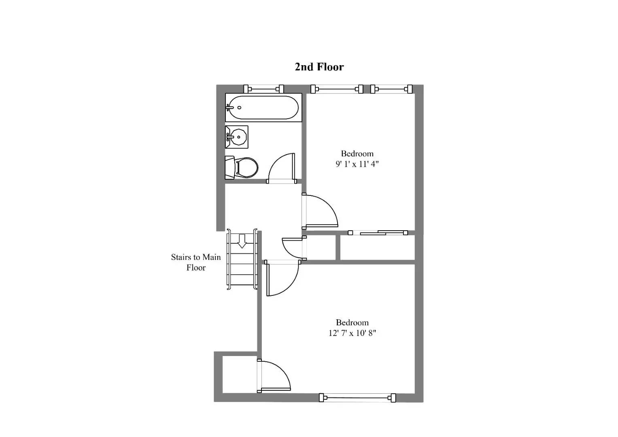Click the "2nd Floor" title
point(319,67)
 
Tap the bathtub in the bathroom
point(263,108)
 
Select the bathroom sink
point(236,137)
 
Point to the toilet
point(243,168)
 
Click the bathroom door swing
point(282,168)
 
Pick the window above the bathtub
point(263,89)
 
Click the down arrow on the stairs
point(242,241)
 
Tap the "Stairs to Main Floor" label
point(196,262)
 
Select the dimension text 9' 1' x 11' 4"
point(357,164)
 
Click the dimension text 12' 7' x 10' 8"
point(352,333)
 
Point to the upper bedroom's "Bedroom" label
point(357,154)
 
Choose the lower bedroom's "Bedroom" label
point(352,322)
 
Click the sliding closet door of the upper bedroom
point(378,233)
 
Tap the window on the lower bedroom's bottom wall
point(357,398)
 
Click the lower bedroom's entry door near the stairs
point(282,278)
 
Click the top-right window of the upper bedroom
point(391,89)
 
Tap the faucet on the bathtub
point(229,108)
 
